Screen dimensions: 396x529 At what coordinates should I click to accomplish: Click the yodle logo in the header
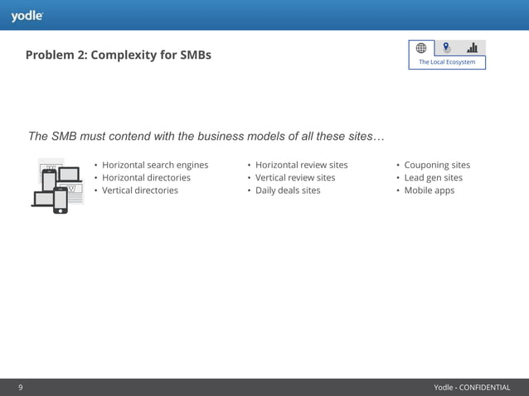tap(27, 16)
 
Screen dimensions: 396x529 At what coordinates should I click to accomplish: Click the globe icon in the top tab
tap(421, 48)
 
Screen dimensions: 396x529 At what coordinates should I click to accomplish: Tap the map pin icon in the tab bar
tap(447, 48)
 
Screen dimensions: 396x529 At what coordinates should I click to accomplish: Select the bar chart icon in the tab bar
tap(473, 48)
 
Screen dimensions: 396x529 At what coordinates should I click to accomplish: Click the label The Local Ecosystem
tap(447, 62)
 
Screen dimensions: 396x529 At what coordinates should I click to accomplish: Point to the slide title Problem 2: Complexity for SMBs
tap(118, 56)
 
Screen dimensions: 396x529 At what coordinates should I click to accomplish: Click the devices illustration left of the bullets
tap(58, 186)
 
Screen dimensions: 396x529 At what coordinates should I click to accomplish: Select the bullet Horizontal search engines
tap(155, 165)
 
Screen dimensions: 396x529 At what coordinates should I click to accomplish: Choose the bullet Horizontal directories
tap(146, 177)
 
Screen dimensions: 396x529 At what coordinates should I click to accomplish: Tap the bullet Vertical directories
tap(139, 191)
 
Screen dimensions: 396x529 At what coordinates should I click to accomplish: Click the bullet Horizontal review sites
tap(301, 165)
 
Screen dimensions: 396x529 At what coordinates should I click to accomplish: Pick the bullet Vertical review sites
tap(295, 177)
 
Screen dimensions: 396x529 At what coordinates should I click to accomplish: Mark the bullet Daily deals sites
tap(288, 191)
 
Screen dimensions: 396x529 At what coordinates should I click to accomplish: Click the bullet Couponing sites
tap(437, 165)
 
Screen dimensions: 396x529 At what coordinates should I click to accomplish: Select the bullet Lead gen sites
tap(433, 177)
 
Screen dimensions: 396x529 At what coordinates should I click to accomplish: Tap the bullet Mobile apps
tap(429, 191)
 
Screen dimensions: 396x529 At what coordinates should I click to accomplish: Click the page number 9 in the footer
tap(21, 387)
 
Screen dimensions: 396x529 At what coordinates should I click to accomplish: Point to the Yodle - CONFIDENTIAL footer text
tap(472, 387)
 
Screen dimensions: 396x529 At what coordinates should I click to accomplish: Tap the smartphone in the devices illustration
tap(61, 200)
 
